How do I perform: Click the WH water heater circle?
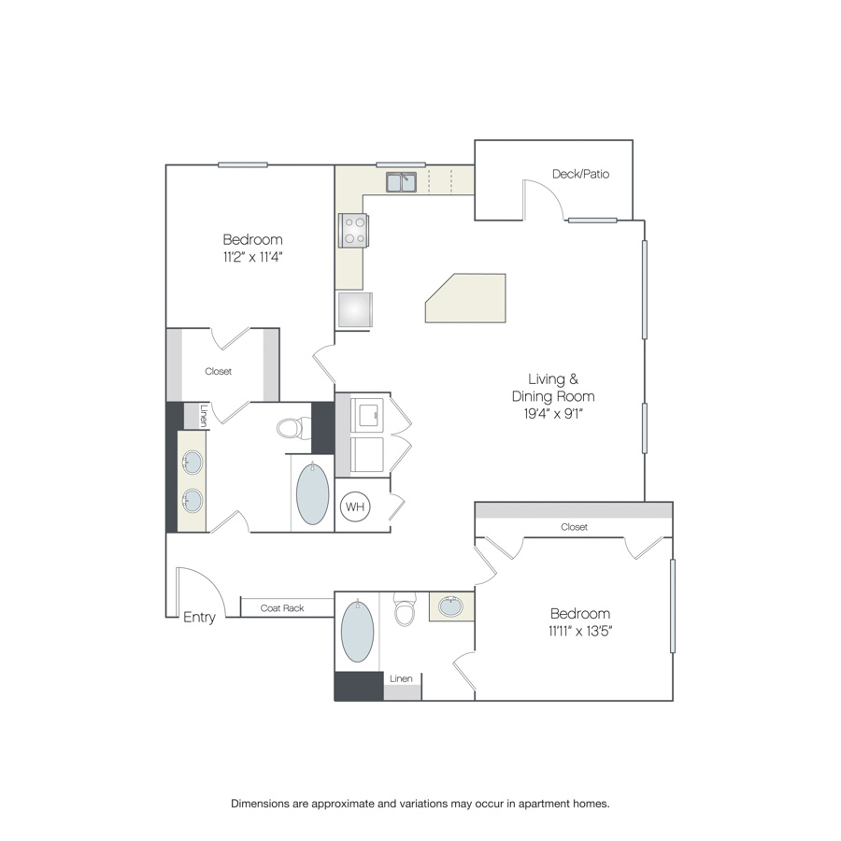click(x=355, y=506)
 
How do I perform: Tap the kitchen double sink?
click(x=401, y=182)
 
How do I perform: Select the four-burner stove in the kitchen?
click(x=353, y=231)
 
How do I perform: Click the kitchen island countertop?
click(x=465, y=298)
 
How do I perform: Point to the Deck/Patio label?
click(x=581, y=174)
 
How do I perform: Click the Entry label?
click(x=199, y=618)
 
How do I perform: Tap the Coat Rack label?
click(x=282, y=608)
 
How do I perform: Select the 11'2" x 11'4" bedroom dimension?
click(x=252, y=257)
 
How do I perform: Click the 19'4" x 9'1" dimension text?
click(x=553, y=414)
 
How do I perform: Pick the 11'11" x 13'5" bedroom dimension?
click(x=580, y=631)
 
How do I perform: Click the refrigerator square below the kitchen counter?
click(x=355, y=309)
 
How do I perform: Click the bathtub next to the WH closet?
click(x=313, y=493)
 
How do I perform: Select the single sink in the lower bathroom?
click(x=451, y=606)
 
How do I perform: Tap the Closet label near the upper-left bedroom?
click(x=219, y=371)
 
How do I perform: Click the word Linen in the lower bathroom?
click(x=401, y=678)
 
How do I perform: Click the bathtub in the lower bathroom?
click(x=358, y=632)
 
